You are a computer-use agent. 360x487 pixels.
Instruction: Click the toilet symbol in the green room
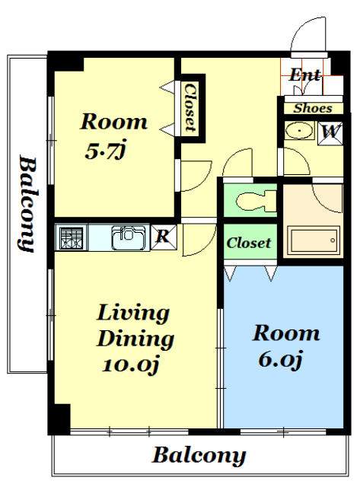tap(255, 201)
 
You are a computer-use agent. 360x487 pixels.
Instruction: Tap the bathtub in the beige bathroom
tap(314, 240)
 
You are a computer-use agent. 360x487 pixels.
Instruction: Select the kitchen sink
tap(129, 237)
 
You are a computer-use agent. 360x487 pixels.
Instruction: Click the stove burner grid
tap(72, 238)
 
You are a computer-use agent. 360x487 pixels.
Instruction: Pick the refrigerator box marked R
tap(164, 237)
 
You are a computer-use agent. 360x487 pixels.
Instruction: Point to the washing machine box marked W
tap(330, 133)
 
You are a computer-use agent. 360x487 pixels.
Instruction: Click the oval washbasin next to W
tap(299, 130)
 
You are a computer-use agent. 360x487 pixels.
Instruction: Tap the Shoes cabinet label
tap(313, 108)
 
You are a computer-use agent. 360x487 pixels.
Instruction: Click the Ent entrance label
tap(304, 75)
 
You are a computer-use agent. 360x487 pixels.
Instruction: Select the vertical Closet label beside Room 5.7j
tap(190, 107)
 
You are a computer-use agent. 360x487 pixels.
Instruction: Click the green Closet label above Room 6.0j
tap(248, 243)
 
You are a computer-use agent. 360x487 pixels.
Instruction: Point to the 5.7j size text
tap(105, 151)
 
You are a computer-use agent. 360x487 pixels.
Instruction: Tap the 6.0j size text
tap(280, 359)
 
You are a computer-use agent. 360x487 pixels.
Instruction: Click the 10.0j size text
tap(130, 364)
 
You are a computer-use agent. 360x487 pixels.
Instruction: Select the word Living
tap(133, 314)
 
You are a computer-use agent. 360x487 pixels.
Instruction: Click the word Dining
tap(135, 339)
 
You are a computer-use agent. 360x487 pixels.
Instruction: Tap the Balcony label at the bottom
tap(199, 456)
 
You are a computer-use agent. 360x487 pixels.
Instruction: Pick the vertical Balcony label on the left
tap(27, 204)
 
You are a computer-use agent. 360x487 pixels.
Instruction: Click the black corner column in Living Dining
tap(60, 419)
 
